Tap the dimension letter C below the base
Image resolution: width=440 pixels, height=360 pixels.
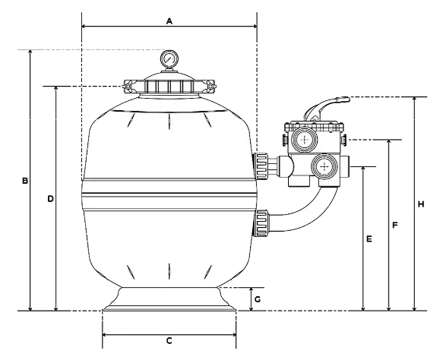[x=169, y=341]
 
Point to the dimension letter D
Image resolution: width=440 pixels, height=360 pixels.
[x=51, y=199]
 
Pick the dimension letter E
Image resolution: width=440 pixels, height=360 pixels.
[x=369, y=239]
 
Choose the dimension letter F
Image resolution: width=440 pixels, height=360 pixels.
[x=394, y=226]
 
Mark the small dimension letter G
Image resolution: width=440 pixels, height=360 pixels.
[x=258, y=299]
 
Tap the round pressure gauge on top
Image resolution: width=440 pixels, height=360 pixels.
[x=169, y=58]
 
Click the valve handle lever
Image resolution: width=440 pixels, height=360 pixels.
[x=323, y=106]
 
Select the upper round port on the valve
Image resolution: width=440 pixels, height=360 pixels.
[x=305, y=140]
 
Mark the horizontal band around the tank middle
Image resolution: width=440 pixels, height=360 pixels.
[x=168, y=200]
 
